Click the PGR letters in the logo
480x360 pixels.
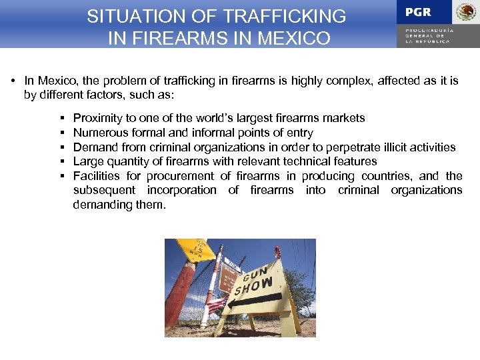pos(418,13)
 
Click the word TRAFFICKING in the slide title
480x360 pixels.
pos(287,16)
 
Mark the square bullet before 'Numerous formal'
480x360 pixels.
pos(61,133)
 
